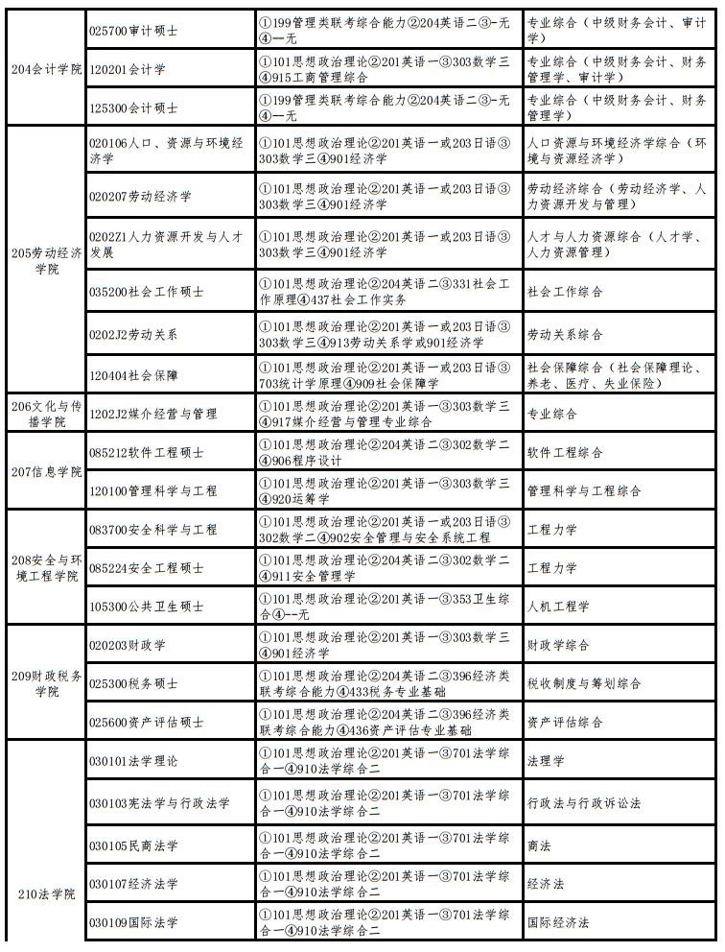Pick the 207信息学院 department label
click(x=46, y=471)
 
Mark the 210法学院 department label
click(x=46, y=894)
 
